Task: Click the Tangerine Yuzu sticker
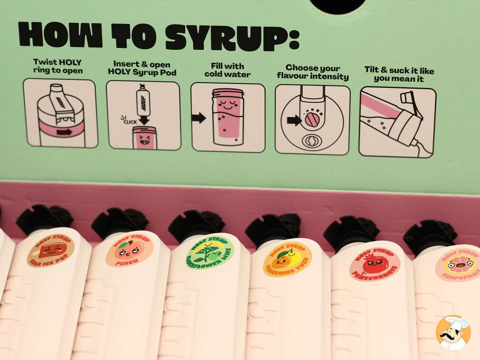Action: (x=287, y=259)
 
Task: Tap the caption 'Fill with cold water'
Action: (x=228, y=70)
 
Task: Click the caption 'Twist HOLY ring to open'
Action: (x=58, y=66)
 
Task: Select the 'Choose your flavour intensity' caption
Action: (x=312, y=72)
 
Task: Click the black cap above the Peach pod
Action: (x=119, y=222)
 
